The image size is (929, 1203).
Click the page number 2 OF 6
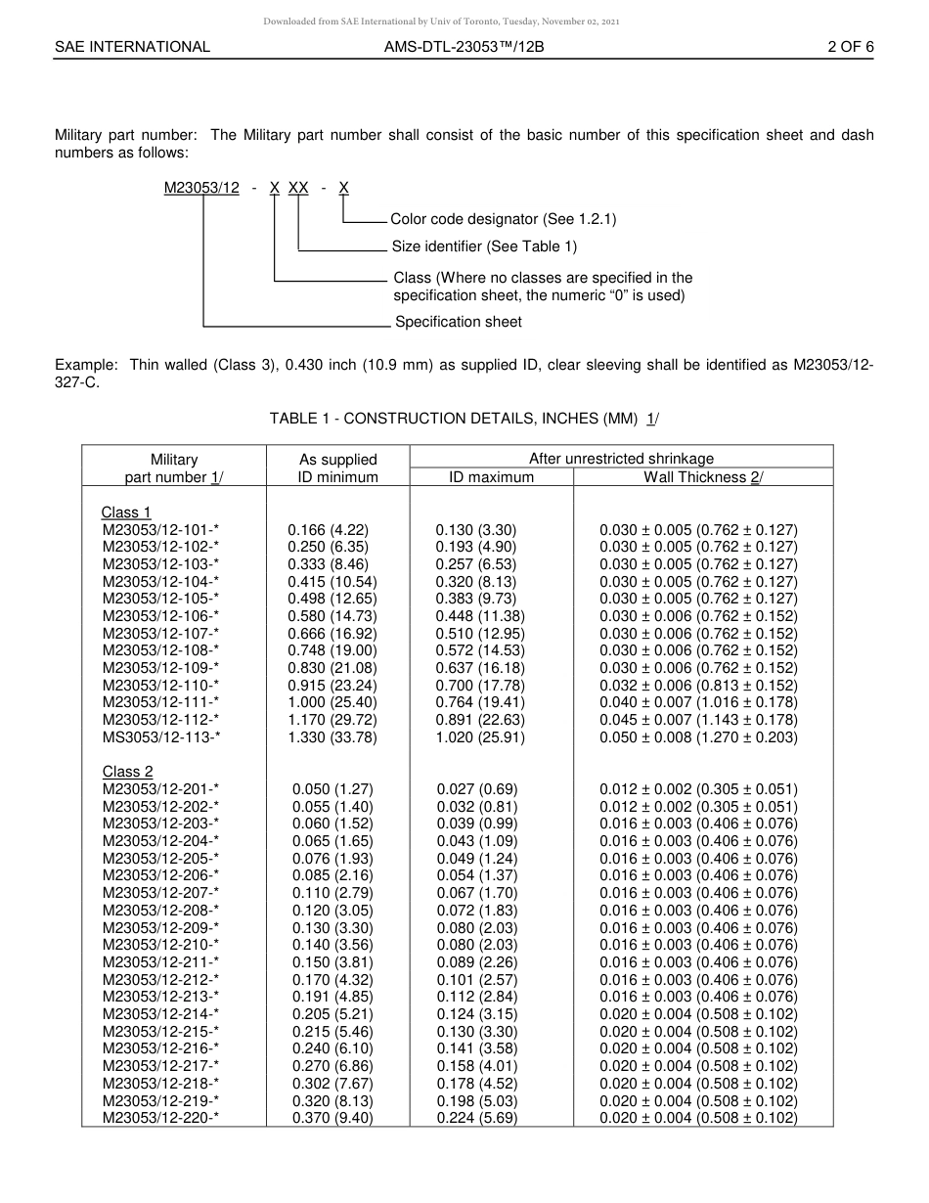coord(850,46)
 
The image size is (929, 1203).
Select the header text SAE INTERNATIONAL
coord(132,46)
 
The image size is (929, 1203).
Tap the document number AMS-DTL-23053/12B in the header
coord(464,46)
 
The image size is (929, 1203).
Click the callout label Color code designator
coord(503,219)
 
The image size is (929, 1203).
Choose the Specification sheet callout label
coord(458,322)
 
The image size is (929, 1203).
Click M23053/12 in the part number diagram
coord(201,188)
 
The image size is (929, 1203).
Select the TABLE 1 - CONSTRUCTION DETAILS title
coord(464,419)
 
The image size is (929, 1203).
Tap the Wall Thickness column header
coord(702,477)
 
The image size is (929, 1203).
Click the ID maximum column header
coord(491,477)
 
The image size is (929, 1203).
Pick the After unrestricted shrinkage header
coord(621,458)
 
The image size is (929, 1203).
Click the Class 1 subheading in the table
coord(126,512)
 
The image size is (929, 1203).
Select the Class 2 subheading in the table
coord(127,772)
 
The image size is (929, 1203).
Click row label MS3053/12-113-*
coord(161,737)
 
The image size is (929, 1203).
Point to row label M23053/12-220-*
coord(160,1118)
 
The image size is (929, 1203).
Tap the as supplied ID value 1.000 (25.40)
coord(332,702)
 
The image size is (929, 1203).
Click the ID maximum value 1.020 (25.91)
coord(480,737)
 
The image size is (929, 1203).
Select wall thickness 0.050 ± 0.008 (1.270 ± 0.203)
coord(698,737)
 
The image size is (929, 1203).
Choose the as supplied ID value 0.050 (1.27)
coord(332,789)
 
